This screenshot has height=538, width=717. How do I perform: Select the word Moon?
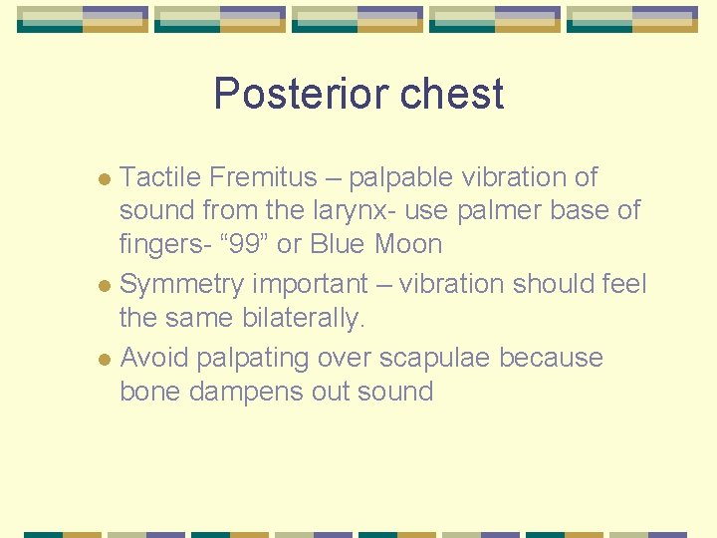(409, 243)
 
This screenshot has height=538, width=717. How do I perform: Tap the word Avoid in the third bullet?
(153, 357)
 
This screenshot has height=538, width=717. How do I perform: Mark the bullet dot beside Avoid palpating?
(109, 360)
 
